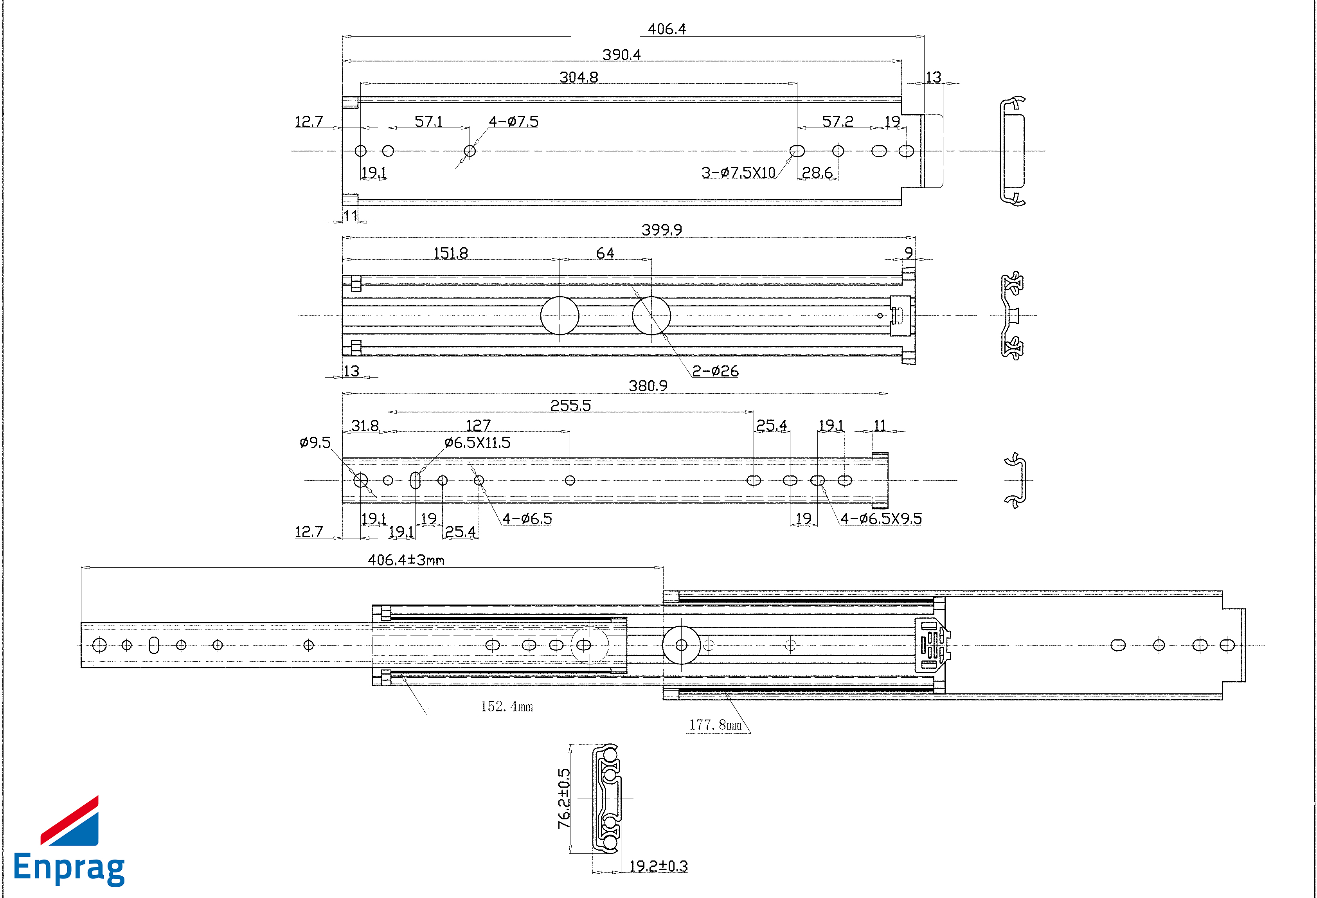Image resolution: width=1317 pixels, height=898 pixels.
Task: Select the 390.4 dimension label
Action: click(x=622, y=55)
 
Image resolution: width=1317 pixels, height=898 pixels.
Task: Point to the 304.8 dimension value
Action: click(x=579, y=77)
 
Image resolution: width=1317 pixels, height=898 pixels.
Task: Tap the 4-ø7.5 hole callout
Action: click(x=513, y=121)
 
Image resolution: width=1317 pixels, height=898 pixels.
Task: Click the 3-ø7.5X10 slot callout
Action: click(x=738, y=172)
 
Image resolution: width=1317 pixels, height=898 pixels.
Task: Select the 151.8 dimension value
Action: click(x=450, y=253)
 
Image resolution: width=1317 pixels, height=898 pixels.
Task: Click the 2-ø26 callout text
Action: click(x=715, y=371)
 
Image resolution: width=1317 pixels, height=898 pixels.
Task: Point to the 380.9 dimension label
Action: click(x=648, y=386)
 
